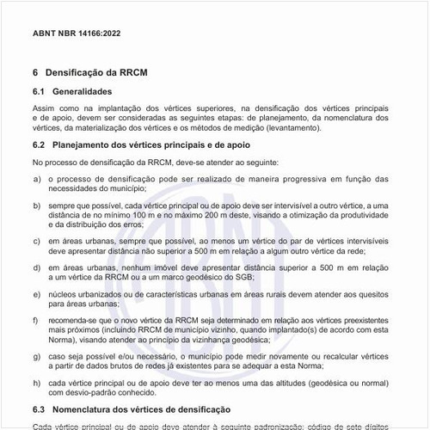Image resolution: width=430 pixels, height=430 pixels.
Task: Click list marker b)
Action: (36, 207)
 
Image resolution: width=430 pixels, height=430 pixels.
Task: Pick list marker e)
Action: (36, 295)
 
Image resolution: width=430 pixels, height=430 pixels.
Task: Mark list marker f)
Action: (36, 321)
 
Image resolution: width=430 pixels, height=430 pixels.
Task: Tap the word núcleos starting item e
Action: (71, 295)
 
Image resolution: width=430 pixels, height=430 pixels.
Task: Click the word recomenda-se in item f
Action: (80, 321)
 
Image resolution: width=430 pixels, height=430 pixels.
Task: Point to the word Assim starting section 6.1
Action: (43, 107)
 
